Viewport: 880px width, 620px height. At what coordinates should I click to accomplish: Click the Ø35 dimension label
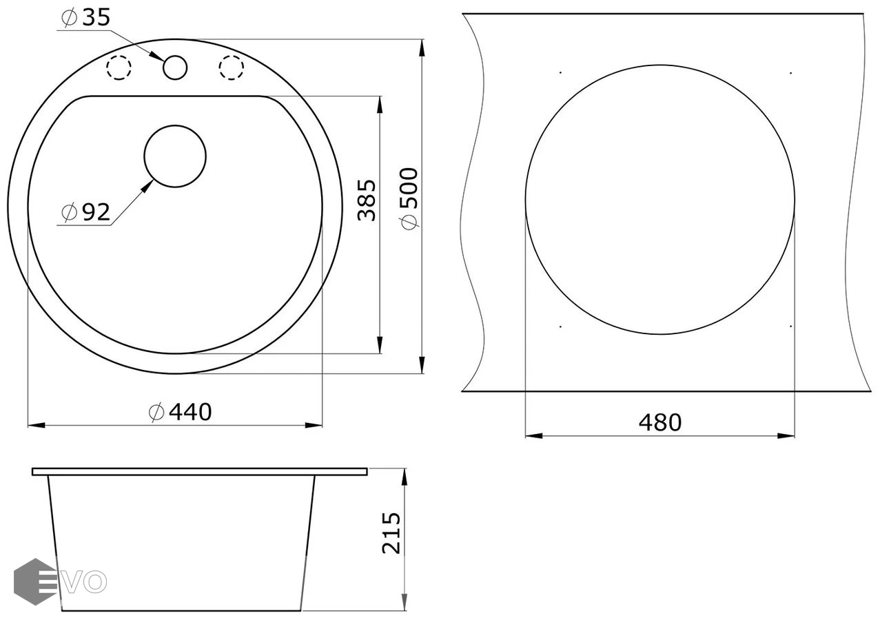86,18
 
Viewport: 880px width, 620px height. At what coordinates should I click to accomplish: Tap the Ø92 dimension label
86,212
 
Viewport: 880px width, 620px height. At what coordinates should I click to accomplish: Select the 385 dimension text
367,200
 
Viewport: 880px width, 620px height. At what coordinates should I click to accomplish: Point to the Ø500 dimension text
409,198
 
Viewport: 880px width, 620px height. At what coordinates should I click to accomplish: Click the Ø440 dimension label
181,412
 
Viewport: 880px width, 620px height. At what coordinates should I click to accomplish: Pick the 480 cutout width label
660,423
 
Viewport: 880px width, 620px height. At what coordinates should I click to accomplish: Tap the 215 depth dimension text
391,533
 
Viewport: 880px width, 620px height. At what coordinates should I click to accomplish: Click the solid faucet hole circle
175,68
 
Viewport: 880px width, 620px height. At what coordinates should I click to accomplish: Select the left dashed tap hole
119,68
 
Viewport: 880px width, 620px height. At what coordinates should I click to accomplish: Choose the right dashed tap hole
231,68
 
